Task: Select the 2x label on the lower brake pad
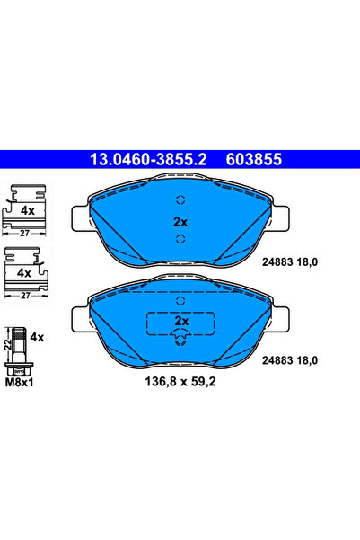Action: [x=180, y=321]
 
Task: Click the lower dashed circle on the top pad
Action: [x=180, y=238]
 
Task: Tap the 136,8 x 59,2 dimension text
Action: [x=175, y=383]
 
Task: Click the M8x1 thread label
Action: [x=20, y=381]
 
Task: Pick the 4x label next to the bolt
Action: [x=37, y=337]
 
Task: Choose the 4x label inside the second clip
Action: [x=24, y=271]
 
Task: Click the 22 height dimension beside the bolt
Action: [x=7, y=343]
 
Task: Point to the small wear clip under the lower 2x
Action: [x=180, y=338]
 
